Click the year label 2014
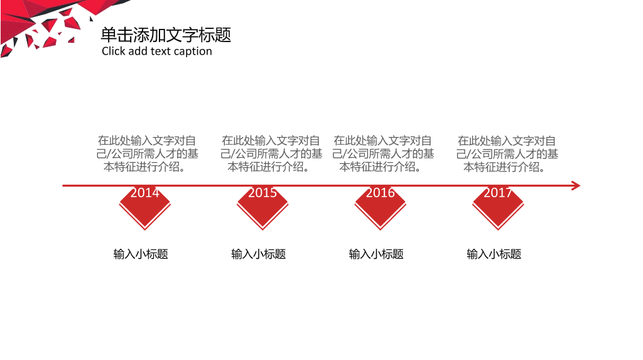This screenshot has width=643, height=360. click(x=145, y=192)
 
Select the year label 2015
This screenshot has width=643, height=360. click(x=262, y=192)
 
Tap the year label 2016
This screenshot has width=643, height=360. click(x=380, y=192)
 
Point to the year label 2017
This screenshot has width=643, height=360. click(x=498, y=192)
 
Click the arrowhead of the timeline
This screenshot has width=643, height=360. click(x=576, y=186)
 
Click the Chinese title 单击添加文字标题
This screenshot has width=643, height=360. click(x=166, y=35)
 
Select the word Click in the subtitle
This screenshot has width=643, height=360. click(x=113, y=51)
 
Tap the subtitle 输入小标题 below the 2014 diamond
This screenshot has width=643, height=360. click(x=141, y=254)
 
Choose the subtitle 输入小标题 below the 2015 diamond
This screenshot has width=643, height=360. click(x=258, y=254)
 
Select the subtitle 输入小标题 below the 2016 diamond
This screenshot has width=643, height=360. click(x=376, y=254)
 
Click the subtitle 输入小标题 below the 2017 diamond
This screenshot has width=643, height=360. click(x=494, y=254)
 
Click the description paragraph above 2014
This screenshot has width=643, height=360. click(x=147, y=153)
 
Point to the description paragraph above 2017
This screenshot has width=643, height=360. click(x=507, y=154)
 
